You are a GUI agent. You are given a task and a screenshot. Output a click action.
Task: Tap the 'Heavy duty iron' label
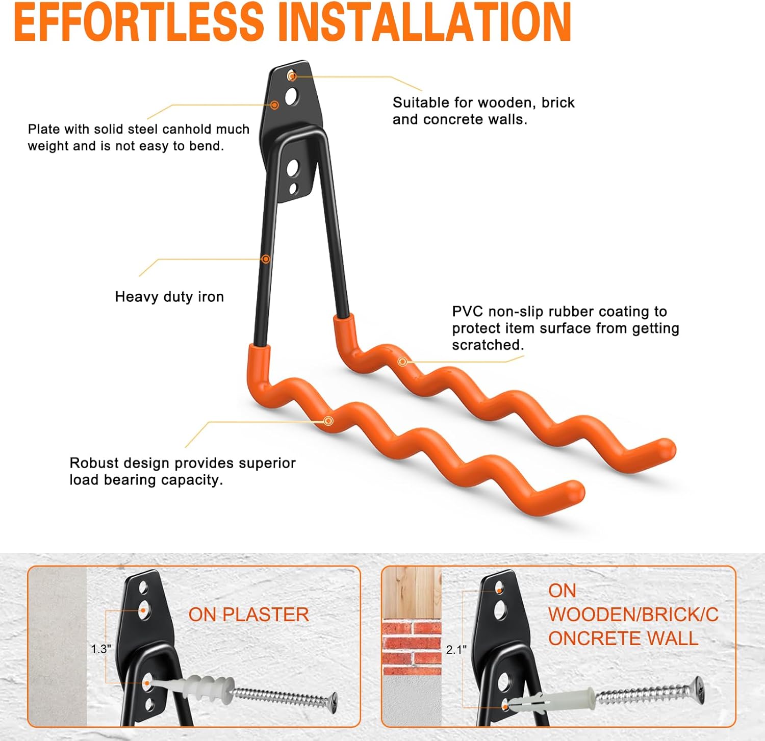[x=169, y=297]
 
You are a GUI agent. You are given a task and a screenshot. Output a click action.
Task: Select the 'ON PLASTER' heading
[x=248, y=615]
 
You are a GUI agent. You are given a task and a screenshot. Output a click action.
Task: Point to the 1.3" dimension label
[x=100, y=649]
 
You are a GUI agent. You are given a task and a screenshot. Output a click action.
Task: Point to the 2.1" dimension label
[x=456, y=649]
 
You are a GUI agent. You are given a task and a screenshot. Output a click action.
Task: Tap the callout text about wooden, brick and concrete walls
[x=483, y=111]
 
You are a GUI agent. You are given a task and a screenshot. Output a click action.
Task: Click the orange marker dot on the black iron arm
[x=266, y=259]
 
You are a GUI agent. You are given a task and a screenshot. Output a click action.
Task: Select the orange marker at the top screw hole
[x=292, y=76]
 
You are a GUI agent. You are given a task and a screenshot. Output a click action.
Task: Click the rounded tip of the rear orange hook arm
[x=665, y=449]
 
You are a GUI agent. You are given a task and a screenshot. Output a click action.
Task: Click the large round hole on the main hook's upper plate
[x=292, y=96]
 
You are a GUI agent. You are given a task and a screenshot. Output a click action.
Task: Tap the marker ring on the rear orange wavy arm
[x=402, y=362]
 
